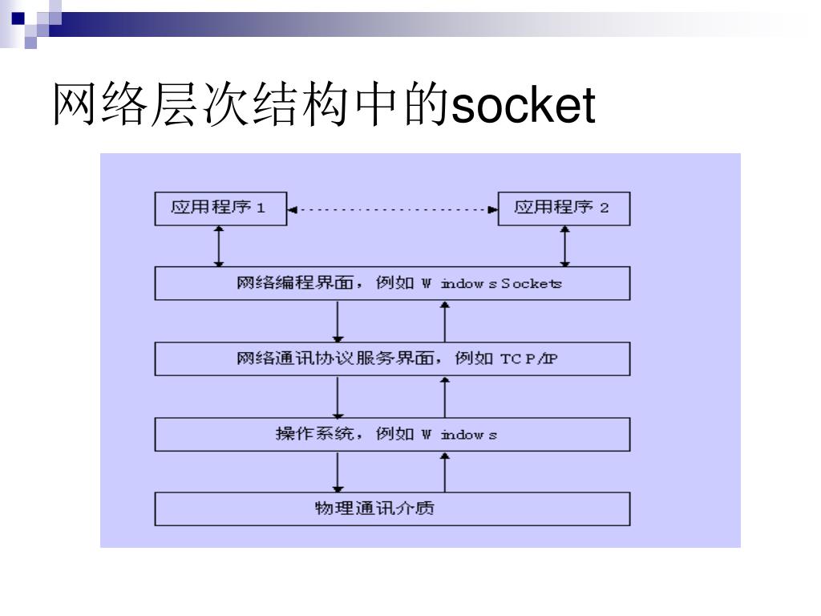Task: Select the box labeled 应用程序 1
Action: (219, 209)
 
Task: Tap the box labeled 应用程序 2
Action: (564, 209)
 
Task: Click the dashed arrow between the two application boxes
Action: (391, 209)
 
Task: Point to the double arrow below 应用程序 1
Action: (219, 245)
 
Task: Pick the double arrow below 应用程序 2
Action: (565, 245)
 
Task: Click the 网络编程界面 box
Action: (392, 283)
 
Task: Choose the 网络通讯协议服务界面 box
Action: (392, 359)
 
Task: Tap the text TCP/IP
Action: (528, 359)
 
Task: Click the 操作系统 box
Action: (392, 434)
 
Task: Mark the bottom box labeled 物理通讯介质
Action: (392, 509)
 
